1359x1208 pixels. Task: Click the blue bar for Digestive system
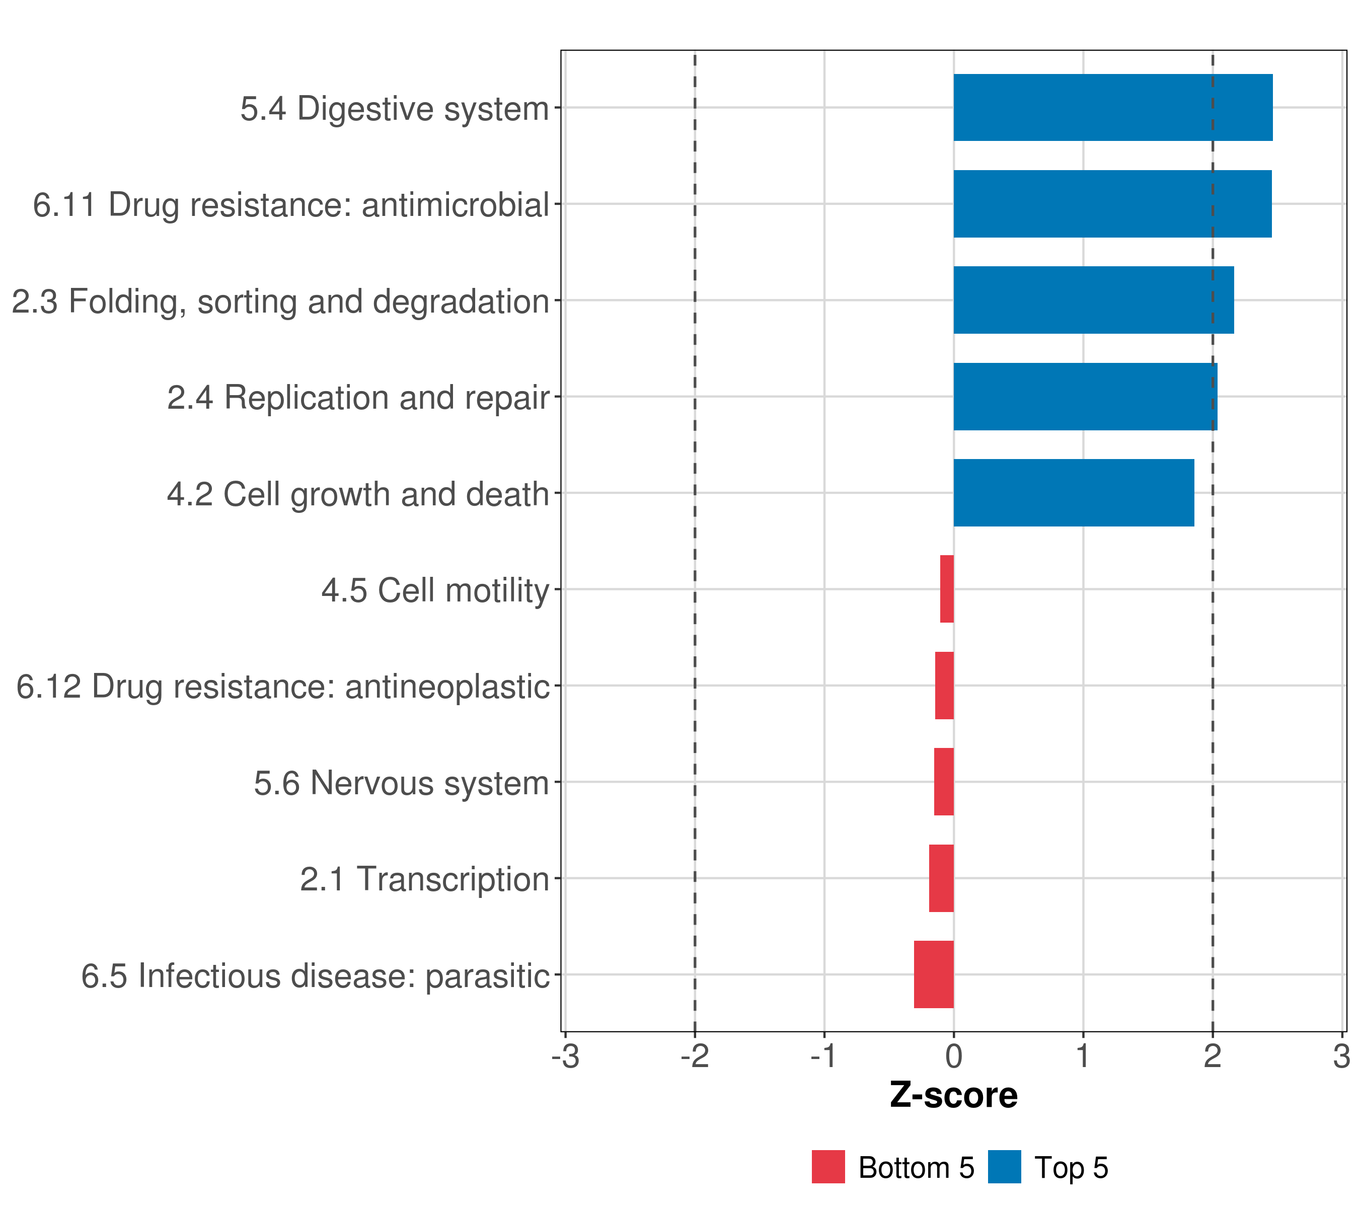coord(1112,108)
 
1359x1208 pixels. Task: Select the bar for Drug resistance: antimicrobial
coord(1112,203)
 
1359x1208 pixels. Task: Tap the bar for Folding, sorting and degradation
coord(1093,300)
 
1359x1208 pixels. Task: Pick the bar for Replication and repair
coord(1085,396)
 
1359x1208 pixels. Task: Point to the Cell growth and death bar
coord(1073,493)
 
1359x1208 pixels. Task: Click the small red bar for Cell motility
coord(947,589)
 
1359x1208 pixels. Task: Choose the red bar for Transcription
coord(941,878)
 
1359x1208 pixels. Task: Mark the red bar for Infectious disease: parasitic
coord(934,974)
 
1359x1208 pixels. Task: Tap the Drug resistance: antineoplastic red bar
coord(944,686)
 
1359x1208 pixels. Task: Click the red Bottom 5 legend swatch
coord(828,1167)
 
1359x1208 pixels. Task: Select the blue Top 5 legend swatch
coord(1004,1167)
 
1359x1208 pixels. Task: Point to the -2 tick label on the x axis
coord(694,1056)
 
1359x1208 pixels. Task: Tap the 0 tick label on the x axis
coord(953,1056)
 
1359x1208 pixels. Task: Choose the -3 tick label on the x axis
coord(566,1056)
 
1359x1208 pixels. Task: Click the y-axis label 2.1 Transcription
coord(424,879)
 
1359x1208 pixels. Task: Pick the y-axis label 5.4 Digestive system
coord(394,108)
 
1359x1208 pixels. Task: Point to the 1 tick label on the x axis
coord(1082,1056)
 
